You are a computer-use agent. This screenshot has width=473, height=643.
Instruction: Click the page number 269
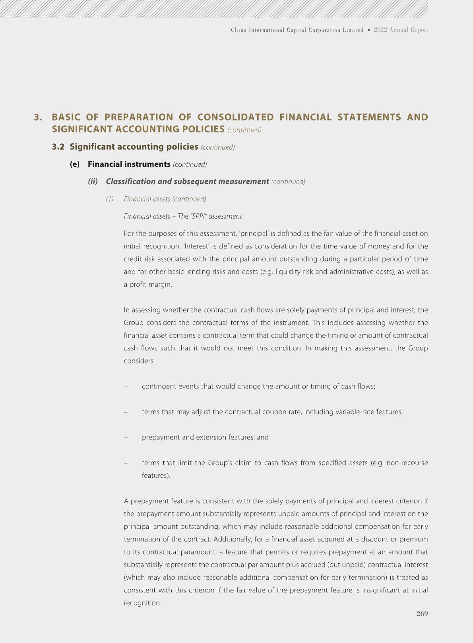click(422, 614)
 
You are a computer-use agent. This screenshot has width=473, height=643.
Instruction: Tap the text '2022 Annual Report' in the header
click(401, 30)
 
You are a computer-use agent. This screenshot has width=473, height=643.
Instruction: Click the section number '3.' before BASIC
click(38, 117)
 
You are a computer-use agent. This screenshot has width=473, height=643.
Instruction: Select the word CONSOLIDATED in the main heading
click(235, 117)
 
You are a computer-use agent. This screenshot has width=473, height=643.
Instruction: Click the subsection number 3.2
click(58, 147)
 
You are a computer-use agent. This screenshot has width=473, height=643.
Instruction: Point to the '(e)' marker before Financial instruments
click(75, 164)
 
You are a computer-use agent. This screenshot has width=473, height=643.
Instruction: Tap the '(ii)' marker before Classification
click(93, 182)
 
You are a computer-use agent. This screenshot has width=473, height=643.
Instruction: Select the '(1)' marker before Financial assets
click(110, 199)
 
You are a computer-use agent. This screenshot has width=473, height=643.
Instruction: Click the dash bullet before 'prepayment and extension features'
click(126, 437)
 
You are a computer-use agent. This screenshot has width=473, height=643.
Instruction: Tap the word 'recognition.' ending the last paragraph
click(142, 603)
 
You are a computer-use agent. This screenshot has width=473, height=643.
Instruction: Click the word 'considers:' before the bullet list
click(139, 361)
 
